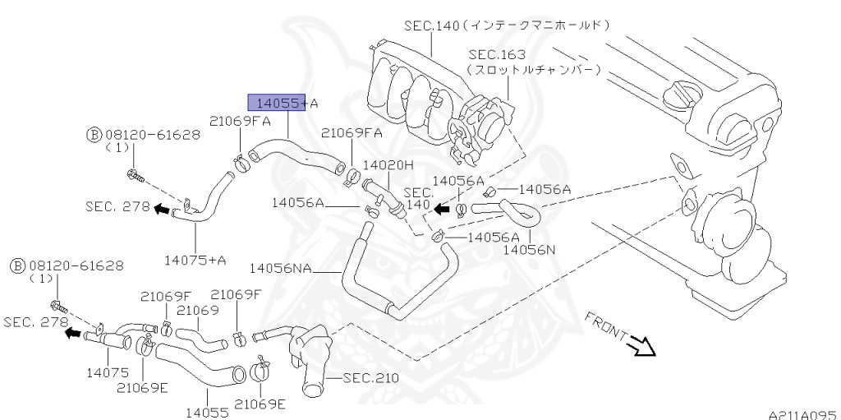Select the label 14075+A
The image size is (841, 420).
(195, 260)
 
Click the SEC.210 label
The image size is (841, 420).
(370, 378)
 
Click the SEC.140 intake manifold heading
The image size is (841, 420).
(505, 25)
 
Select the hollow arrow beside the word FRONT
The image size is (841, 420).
(642, 347)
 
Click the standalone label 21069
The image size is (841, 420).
(197, 310)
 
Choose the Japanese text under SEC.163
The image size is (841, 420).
(534, 71)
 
